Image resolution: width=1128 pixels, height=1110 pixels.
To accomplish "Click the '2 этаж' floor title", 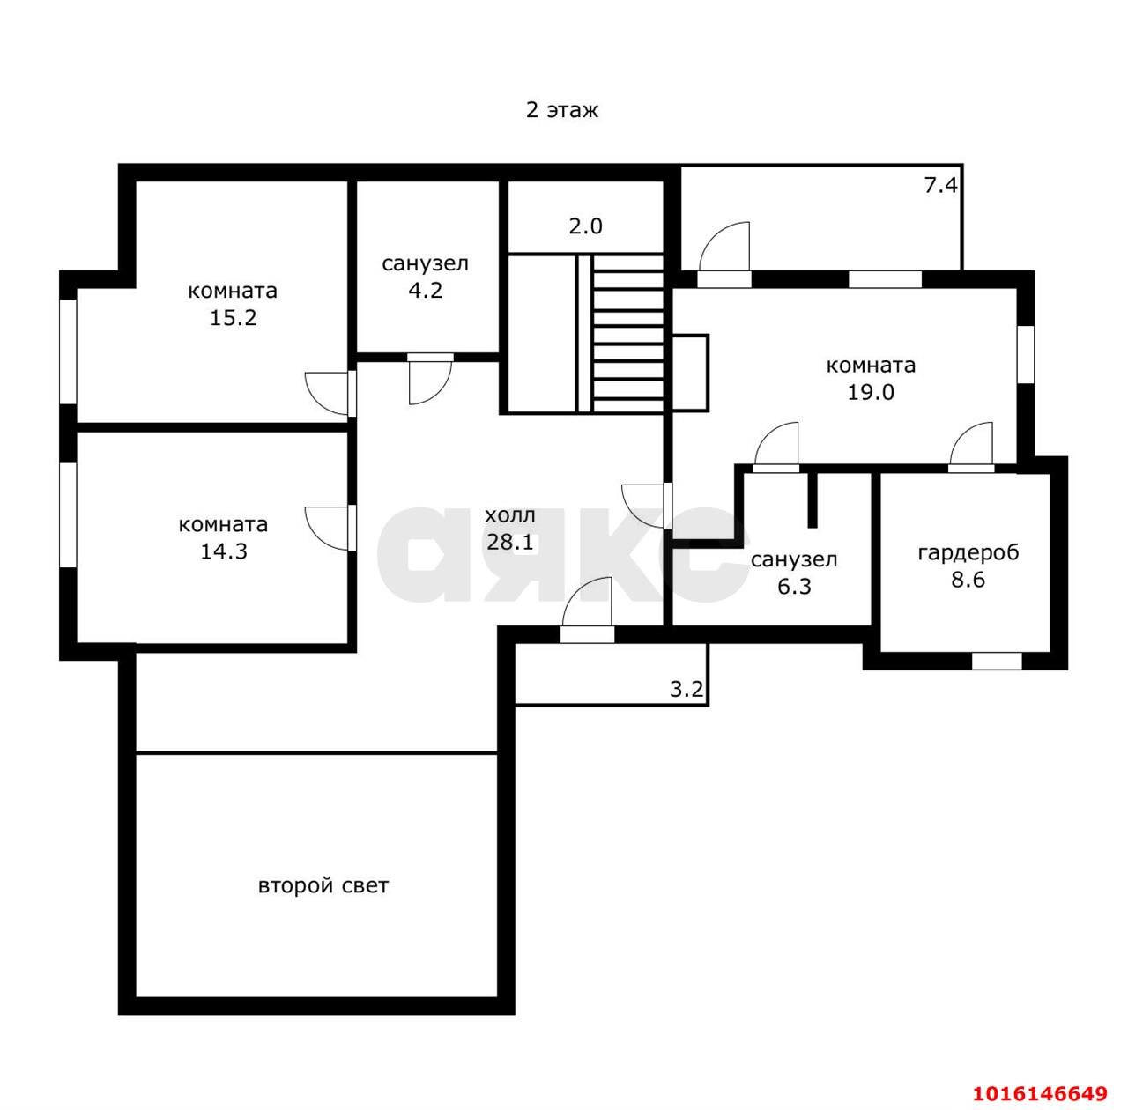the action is (x=561, y=110).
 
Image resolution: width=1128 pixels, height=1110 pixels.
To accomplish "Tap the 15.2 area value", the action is (x=233, y=318).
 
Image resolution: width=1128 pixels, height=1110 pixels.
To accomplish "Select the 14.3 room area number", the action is (x=224, y=551).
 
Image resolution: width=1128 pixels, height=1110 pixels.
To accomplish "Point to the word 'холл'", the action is (x=509, y=515).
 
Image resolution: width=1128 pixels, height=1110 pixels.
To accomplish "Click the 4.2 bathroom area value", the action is (x=425, y=291).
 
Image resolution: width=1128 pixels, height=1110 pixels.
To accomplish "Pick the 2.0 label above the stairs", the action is (x=585, y=226).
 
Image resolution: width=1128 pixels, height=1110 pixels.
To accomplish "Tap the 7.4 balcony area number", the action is (x=940, y=185).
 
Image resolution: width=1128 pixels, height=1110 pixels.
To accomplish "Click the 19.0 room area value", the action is (x=871, y=392).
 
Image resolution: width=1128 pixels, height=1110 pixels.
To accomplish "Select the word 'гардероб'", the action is (x=968, y=552).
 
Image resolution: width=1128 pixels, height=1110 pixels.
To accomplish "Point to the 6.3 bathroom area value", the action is (x=794, y=586).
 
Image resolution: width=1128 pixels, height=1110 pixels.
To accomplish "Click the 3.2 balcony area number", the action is (x=686, y=689).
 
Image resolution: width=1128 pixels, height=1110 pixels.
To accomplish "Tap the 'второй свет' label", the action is (x=323, y=885).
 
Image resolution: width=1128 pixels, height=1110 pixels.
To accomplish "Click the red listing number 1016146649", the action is (x=1040, y=1093).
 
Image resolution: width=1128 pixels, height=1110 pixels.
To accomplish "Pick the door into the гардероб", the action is (x=971, y=448).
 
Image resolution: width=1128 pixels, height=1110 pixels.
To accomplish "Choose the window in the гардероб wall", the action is (x=997, y=661).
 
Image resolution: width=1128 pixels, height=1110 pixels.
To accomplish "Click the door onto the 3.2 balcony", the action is (x=587, y=610).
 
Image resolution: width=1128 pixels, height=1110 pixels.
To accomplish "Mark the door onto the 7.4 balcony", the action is (x=724, y=255).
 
